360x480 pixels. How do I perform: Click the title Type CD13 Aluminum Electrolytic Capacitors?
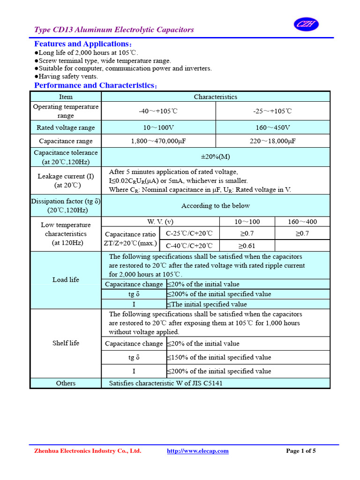tap(114, 30)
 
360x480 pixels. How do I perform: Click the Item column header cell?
tap(66, 97)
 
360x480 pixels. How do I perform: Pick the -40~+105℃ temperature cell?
tap(158, 111)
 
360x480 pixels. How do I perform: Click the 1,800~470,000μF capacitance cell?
tap(158, 141)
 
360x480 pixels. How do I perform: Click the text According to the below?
tap(216, 205)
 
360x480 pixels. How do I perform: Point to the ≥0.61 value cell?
tap(247, 246)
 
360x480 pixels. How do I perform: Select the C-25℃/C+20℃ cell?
tap(189, 233)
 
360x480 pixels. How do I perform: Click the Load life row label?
tap(66, 280)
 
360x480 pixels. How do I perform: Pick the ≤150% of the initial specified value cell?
tap(219, 357)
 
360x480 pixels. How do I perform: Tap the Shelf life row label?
tap(66, 343)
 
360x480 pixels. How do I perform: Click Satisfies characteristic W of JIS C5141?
tap(166, 383)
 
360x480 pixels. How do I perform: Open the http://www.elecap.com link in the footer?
tap(198, 451)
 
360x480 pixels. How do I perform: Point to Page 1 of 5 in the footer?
tap(300, 451)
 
